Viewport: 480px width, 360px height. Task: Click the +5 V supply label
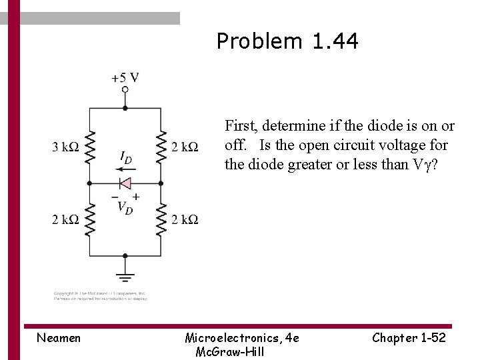pyautogui.click(x=125, y=77)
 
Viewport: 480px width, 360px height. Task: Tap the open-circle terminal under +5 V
pyautogui.click(x=125, y=89)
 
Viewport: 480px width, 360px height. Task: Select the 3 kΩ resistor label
pyautogui.click(x=66, y=147)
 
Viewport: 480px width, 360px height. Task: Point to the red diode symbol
pyautogui.click(x=124, y=183)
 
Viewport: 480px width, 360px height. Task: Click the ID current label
pyautogui.click(x=125, y=157)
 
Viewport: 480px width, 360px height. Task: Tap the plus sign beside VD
pyautogui.click(x=136, y=196)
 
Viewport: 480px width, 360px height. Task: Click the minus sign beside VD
pyautogui.click(x=115, y=197)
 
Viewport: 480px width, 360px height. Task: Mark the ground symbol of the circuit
pyautogui.click(x=125, y=275)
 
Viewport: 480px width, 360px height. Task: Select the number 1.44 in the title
pyautogui.click(x=335, y=41)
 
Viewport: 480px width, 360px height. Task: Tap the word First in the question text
pyautogui.click(x=239, y=125)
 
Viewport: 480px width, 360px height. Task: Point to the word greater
pyautogui.click(x=310, y=164)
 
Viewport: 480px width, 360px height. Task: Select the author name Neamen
pyautogui.click(x=59, y=338)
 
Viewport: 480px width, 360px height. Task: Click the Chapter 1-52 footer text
pyautogui.click(x=409, y=338)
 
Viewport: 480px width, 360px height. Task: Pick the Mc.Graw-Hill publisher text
pyautogui.click(x=229, y=351)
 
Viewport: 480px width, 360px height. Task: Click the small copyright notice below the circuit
pyautogui.click(x=101, y=296)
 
